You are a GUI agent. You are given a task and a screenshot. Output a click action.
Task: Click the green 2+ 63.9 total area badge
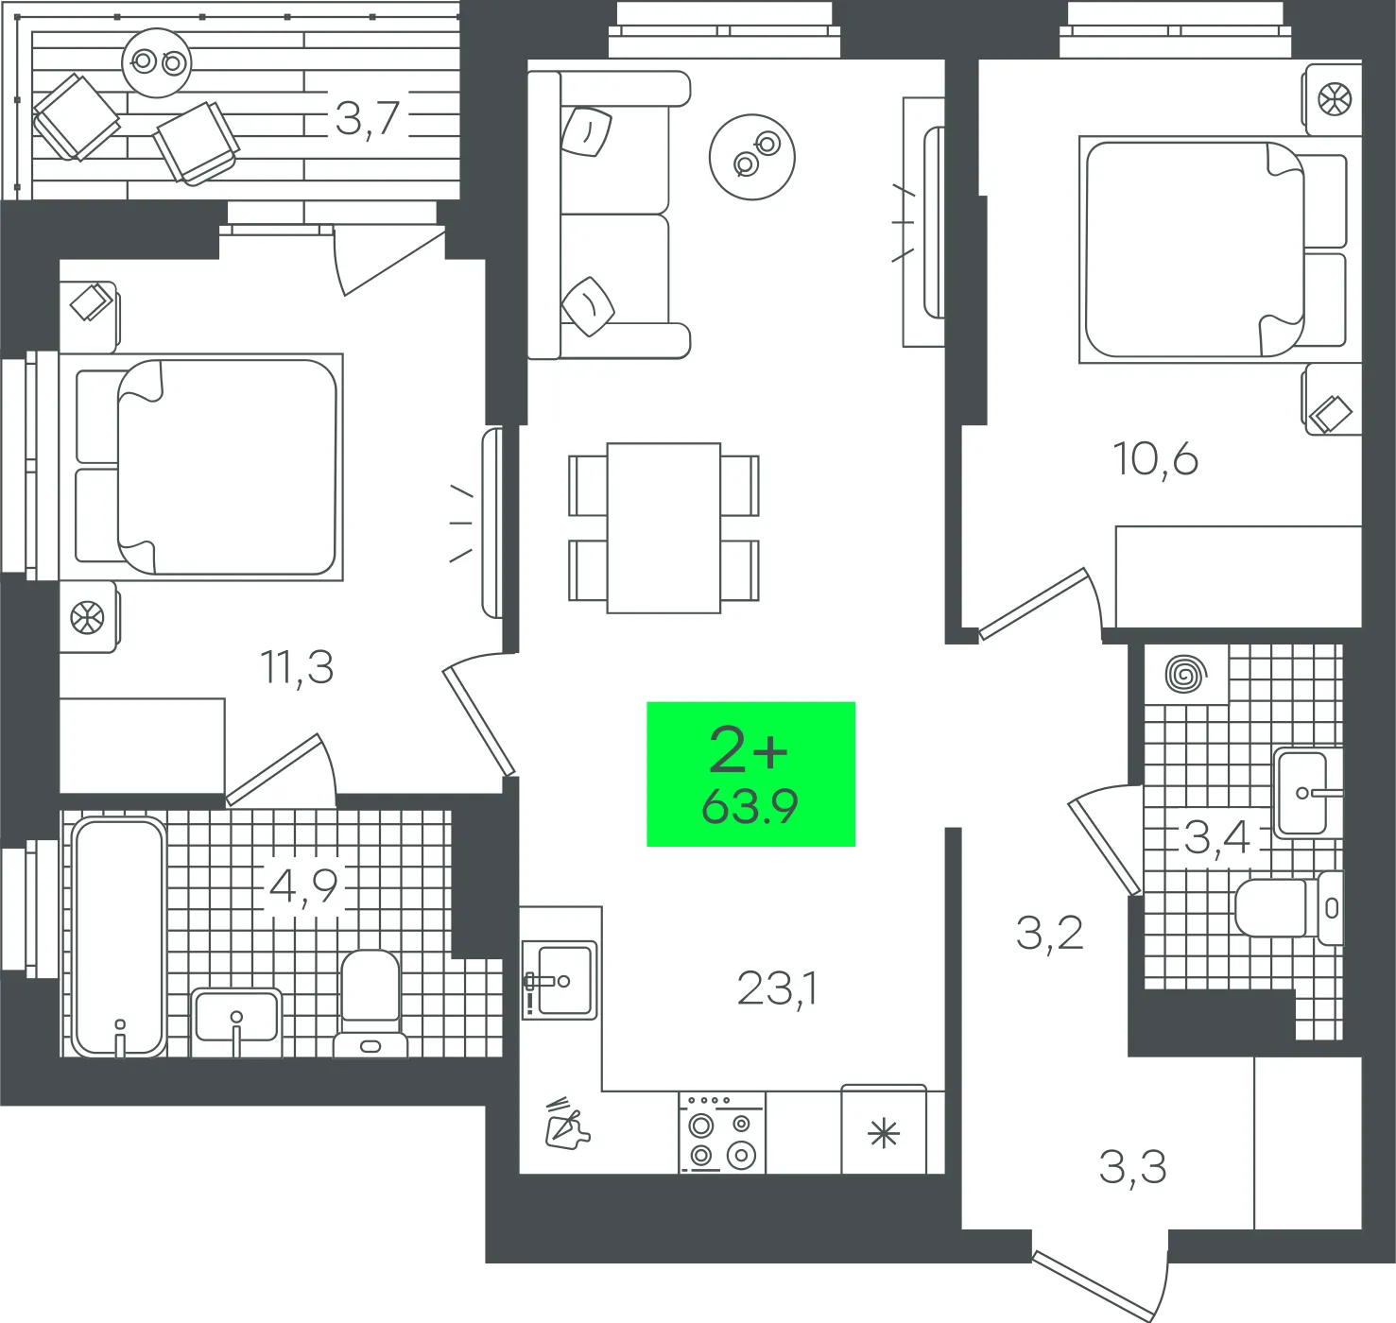pos(750,774)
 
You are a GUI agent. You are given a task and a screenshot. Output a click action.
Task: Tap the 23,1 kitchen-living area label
pos(778,988)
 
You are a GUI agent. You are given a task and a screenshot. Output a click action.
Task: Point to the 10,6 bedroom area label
pos(1155,458)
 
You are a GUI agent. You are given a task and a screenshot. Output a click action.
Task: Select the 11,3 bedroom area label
pos(297,667)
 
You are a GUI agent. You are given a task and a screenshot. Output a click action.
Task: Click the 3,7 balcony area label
pos(367,118)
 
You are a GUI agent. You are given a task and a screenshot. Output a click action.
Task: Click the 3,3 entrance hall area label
pos(1132,1168)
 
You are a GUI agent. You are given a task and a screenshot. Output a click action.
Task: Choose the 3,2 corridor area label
pos(1049,933)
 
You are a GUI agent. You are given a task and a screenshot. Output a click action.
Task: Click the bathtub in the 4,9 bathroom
pos(119,936)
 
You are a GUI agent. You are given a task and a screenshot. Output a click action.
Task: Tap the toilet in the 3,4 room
pos(1289,908)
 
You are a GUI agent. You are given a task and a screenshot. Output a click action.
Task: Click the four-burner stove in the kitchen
pos(722,1132)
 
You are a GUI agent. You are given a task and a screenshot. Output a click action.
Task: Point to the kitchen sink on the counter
pos(560,981)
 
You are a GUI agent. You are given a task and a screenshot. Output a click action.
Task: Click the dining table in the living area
pos(664,527)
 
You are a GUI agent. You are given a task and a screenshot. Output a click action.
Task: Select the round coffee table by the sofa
pos(752,157)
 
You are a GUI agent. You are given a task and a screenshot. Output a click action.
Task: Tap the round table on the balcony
pos(157,62)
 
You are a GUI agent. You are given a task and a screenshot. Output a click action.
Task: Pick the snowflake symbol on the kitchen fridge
pos(884,1134)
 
